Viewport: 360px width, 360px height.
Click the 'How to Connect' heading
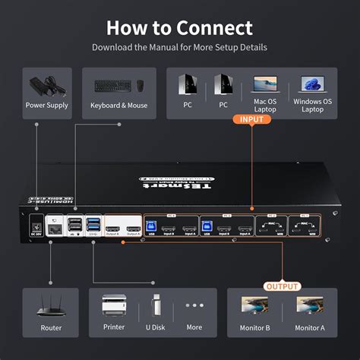(179, 28)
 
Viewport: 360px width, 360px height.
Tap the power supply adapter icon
(47, 84)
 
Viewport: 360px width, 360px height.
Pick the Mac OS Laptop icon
(265, 83)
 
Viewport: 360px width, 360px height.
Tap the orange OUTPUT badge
(282, 286)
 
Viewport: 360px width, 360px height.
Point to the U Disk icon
(156, 306)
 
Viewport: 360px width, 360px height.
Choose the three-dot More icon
(194, 306)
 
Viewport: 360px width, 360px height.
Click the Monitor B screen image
(257, 306)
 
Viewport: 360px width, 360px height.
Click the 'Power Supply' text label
(47, 106)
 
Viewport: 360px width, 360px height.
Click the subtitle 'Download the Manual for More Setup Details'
(179, 47)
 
